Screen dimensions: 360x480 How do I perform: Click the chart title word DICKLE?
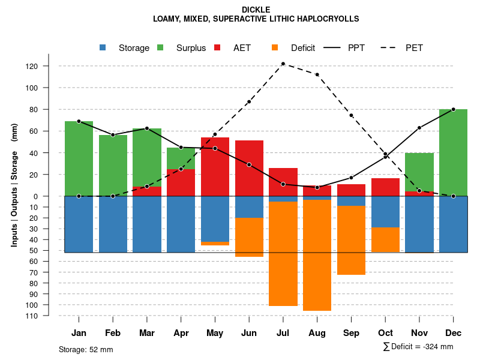point(256,10)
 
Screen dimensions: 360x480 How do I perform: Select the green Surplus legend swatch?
point(160,47)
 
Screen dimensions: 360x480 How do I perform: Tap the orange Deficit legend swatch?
point(275,47)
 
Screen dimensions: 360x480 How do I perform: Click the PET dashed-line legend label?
point(414,48)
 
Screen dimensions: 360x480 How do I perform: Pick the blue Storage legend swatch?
point(103,47)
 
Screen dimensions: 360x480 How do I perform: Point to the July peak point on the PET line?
point(283,64)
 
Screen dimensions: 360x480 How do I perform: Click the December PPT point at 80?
point(453,109)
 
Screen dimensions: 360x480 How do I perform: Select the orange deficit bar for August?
point(317,255)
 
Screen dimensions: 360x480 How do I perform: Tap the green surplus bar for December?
point(453,152)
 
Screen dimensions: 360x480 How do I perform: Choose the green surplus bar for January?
point(79,158)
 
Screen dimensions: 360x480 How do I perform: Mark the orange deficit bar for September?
point(351,240)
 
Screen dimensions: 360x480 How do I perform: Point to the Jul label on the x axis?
point(283,333)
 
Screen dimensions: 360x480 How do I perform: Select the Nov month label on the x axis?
point(419,333)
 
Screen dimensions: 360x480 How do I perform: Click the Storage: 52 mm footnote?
point(86,349)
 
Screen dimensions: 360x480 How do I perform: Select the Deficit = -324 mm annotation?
point(418,346)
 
